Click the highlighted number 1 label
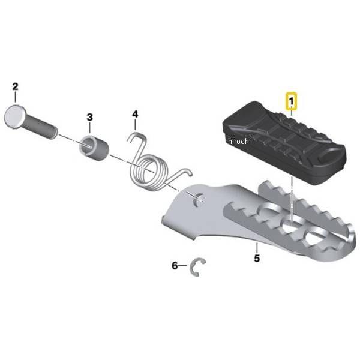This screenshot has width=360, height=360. click(x=290, y=98)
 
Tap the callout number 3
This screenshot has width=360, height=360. click(x=89, y=116)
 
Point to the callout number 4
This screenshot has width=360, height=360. click(x=135, y=113)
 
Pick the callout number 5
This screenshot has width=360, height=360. click(x=256, y=259)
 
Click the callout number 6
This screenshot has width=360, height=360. click(x=175, y=265)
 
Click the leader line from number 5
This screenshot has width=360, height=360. click(x=256, y=248)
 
